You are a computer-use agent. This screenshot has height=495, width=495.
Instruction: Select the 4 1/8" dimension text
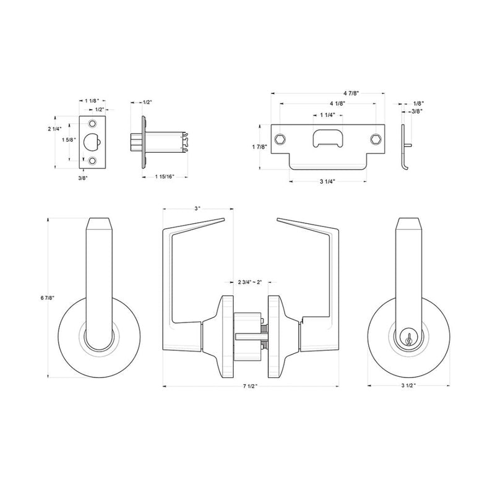pos(328,103)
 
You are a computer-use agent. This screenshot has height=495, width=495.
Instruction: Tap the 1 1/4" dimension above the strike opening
pos(328,115)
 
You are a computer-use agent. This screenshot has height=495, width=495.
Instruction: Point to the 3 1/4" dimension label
pos(328,181)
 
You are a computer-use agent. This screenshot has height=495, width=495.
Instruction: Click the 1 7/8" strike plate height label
pos(260,146)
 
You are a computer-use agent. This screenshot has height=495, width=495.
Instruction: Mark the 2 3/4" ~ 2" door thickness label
pos(250,282)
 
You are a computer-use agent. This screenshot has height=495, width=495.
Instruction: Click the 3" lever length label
pos(197,209)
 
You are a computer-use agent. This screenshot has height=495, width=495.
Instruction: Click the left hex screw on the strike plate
pos(282,137)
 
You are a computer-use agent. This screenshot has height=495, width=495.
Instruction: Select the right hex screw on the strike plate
pos(376,137)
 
